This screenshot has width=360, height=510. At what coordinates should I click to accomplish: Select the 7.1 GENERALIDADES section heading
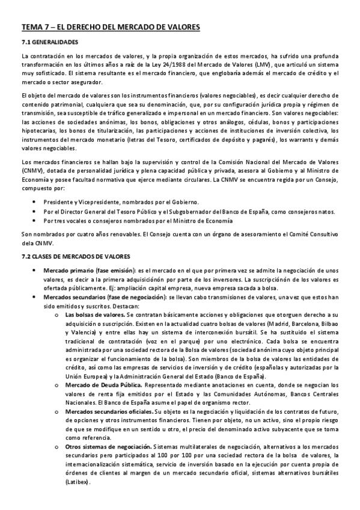(x=49, y=43)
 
